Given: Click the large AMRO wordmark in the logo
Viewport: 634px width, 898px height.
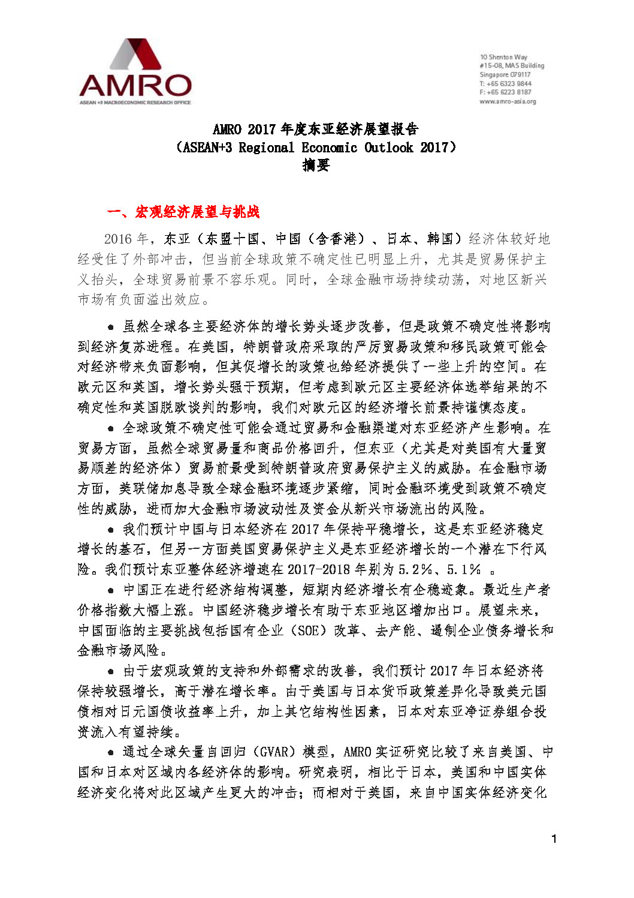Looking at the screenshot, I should pos(135,86).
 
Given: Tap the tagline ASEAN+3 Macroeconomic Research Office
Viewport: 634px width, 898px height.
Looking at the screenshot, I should pos(135,103).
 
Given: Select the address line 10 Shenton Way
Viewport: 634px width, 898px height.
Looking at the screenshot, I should pos(503,57).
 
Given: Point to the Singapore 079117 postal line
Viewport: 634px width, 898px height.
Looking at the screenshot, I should pos(505,74).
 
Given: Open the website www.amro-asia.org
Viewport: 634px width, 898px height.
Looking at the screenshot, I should pos(508,101).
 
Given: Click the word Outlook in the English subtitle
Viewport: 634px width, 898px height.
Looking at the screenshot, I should pos(388,148).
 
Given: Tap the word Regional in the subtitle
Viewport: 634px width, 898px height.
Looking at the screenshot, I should pos(266,148).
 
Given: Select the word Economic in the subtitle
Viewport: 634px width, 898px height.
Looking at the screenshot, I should pos(329,148).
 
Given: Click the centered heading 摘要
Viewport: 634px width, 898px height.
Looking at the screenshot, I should pos(316,165).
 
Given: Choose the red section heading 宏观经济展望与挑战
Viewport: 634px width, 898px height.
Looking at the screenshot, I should pos(197,212).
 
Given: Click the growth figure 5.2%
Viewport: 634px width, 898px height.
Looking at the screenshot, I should pos(415,569).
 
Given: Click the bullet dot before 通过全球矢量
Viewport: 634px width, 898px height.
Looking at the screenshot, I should pos(111,752).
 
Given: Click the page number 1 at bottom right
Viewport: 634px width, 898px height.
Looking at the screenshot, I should pos(554,839).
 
